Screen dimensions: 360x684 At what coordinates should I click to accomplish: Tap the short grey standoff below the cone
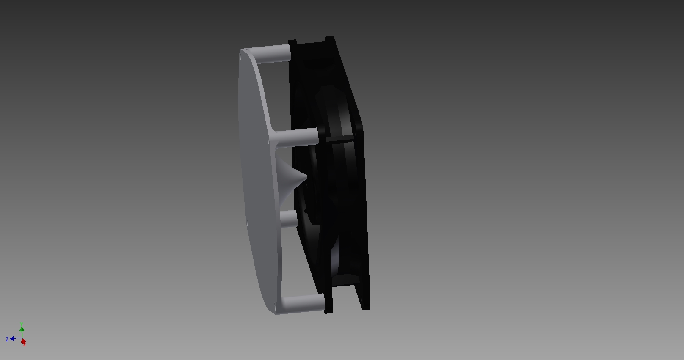pyautogui.click(x=288, y=219)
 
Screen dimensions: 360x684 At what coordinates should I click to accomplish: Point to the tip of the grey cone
pyautogui.click(x=305, y=180)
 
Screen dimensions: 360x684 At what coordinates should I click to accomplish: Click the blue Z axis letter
pyautogui.click(x=7, y=339)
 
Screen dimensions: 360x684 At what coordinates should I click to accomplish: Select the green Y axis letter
pyautogui.click(x=22, y=324)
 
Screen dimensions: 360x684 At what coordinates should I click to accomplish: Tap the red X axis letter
pyautogui.click(x=25, y=345)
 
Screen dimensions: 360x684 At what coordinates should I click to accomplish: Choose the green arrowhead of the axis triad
pyautogui.click(x=22, y=329)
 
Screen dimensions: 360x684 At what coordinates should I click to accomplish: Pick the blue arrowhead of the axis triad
pyautogui.click(x=13, y=339)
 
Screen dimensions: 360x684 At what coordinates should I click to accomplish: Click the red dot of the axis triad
pyautogui.click(x=24, y=341)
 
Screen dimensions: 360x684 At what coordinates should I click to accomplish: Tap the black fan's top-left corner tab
pyautogui.click(x=292, y=42)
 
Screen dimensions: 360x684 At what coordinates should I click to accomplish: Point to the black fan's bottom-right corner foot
pyautogui.click(x=366, y=305)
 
